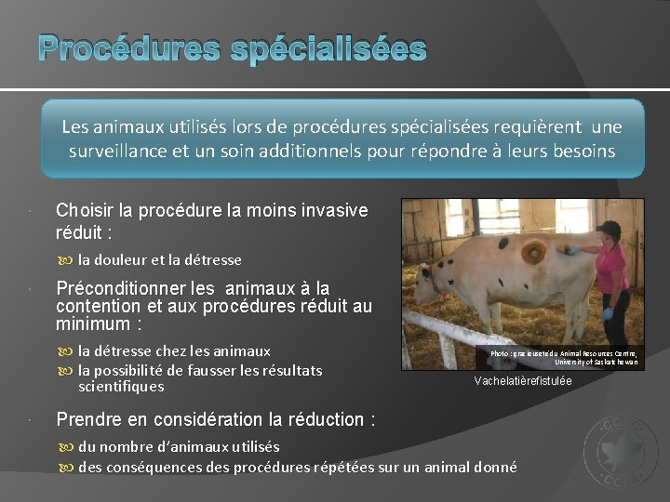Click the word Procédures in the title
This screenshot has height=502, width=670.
(120, 47)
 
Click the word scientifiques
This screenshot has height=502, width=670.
(121, 386)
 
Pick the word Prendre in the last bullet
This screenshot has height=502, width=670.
(89, 419)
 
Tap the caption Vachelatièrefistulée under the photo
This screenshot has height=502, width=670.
(522, 380)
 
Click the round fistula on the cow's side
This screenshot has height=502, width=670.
(533, 251)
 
